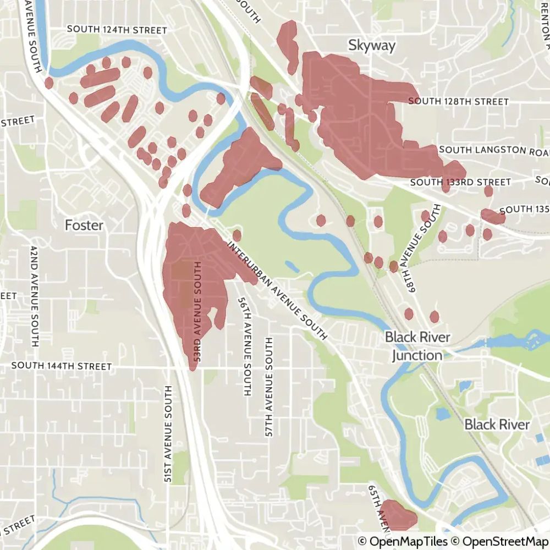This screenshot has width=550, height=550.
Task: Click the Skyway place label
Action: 372,45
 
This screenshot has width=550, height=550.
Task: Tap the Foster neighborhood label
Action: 84,225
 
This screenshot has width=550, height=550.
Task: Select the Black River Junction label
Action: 417,346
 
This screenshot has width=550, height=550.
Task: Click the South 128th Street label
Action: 458,101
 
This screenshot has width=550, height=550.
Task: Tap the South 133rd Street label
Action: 460,182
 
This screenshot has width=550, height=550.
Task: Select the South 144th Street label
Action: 61,366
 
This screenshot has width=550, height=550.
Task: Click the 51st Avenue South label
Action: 168,435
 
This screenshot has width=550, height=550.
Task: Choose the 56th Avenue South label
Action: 244,347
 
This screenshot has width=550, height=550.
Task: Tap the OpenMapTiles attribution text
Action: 403,542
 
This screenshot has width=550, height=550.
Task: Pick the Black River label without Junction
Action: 497,424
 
